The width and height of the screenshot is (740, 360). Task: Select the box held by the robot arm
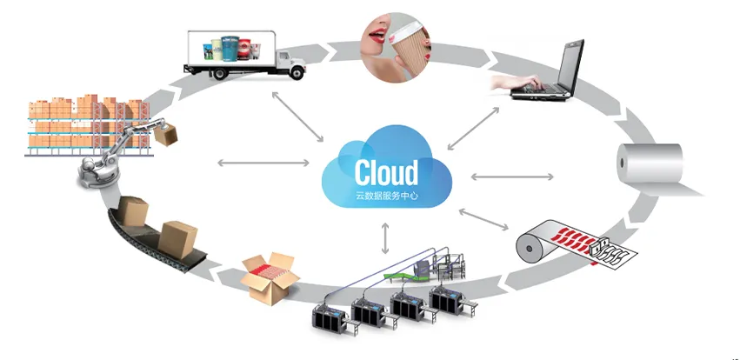170,133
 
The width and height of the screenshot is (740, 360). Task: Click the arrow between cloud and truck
296,111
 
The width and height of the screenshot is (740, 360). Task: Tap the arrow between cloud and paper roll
512,177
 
